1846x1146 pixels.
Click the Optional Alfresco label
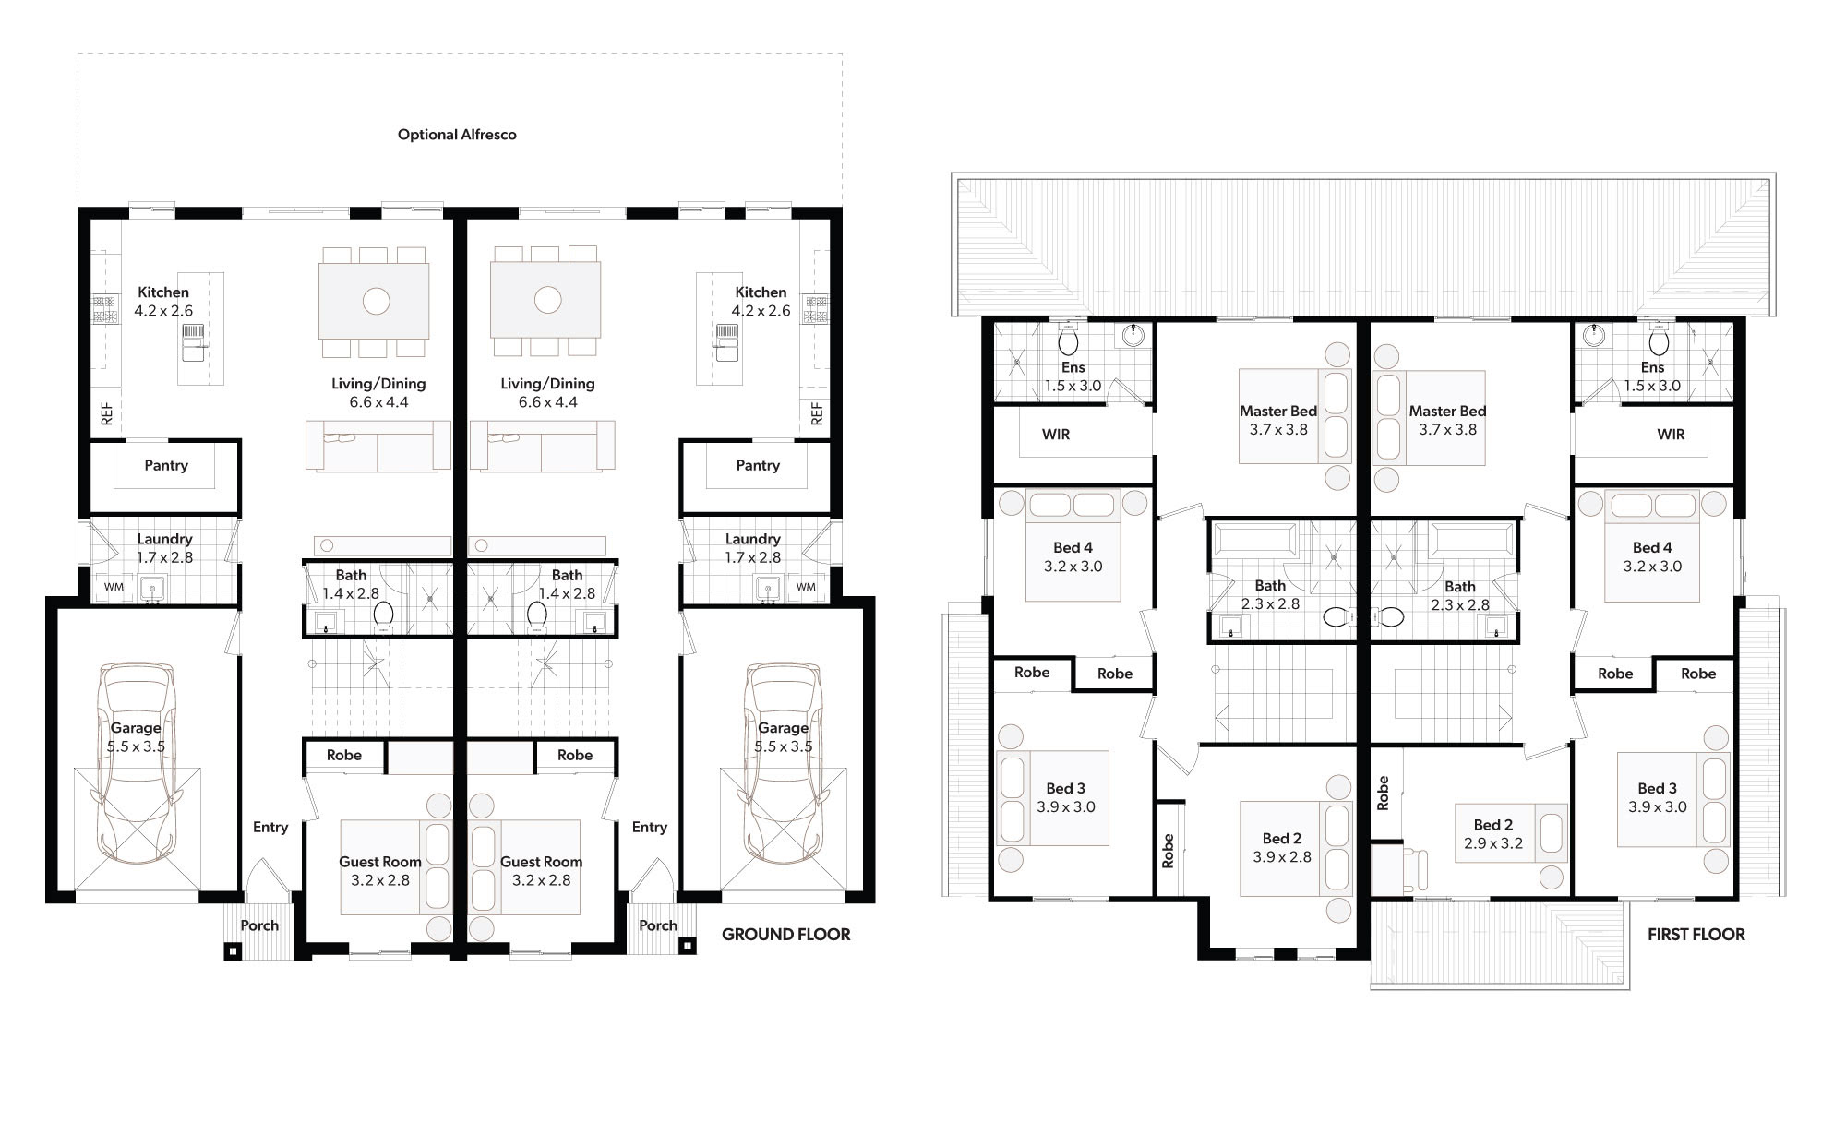[457, 135]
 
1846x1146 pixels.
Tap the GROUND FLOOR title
[786, 935]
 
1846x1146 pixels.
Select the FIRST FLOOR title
[1696, 935]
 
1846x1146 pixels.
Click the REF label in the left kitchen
[107, 412]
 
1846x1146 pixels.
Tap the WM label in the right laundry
[806, 587]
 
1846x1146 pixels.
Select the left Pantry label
[166, 465]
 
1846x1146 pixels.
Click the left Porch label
[259, 925]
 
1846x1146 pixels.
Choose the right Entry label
[650, 827]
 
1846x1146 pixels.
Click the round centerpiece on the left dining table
[376, 301]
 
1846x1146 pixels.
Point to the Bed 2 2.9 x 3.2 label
[1493, 834]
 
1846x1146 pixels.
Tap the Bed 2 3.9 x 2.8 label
[1282, 847]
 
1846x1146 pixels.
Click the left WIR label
[1056, 435]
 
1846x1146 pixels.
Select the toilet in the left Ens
[1069, 340]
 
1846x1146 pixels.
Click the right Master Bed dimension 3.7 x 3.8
[1447, 429]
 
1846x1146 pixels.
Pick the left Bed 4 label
[1073, 547]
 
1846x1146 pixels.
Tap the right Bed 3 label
[1658, 788]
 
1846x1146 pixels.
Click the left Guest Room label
[380, 862]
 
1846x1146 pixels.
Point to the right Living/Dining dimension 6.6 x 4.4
[548, 402]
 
